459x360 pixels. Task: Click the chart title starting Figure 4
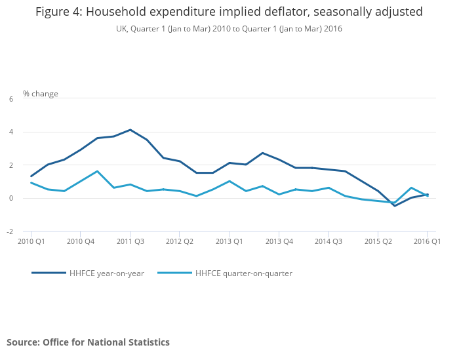[x=229, y=12]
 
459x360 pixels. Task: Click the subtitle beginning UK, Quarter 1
[x=229, y=29]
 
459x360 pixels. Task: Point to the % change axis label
[x=41, y=94]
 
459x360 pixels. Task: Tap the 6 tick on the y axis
[x=11, y=99]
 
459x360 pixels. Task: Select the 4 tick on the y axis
[x=11, y=132]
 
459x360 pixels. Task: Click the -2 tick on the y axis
[x=10, y=231]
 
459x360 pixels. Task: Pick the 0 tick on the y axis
[x=11, y=198]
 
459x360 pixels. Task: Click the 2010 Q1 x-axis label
[x=31, y=241]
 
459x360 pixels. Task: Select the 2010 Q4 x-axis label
[x=80, y=241]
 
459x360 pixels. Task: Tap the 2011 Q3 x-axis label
[x=130, y=241]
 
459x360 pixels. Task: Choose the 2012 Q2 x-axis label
[x=179, y=241]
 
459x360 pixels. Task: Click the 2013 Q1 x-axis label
[x=229, y=241]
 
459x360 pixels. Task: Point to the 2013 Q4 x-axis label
[x=279, y=241]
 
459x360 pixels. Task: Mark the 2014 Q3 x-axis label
[x=328, y=241]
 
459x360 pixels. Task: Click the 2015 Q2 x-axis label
[x=378, y=241]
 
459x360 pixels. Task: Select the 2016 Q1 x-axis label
[x=427, y=241]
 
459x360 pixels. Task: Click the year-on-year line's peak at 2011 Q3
[x=130, y=130]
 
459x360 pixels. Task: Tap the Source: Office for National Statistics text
[x=88, y=342]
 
